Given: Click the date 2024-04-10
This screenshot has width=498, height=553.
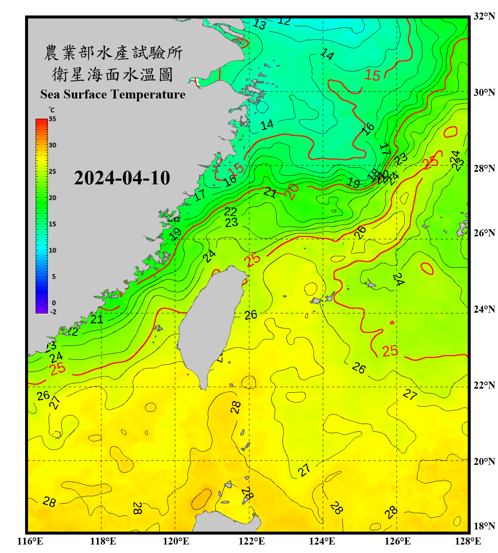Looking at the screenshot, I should pyautogui.click(x=122, y=178).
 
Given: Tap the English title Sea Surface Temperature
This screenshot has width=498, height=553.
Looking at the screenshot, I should pyautogui.click(x=113, y=94).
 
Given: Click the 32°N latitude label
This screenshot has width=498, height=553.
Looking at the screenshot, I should pyautogui.click(x=484, y=16).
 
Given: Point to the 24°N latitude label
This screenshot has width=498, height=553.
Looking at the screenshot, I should pyautogui.click(x=484, y=309).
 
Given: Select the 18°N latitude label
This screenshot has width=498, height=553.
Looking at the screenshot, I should pyautogui.click(x=484, y=526).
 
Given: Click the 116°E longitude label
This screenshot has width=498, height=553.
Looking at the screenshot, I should pyautogui.click(x=30, y=541).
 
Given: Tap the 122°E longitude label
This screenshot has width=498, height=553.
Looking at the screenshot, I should pyautogui.click(x=252, y=541).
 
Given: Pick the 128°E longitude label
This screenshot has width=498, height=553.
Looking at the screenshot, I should pyautogui.click(x=468, y=541).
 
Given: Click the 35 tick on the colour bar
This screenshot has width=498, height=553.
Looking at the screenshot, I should pyautogui.click(x=52, y=119).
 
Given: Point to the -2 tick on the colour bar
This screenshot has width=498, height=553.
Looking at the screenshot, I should pyautogui.click(x=53, y=312).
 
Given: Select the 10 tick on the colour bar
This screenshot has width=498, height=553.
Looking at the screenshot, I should pyautogui.click(x=52, y=250).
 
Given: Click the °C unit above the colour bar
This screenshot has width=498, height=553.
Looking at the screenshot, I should pyautogui.click(x=52, y=110).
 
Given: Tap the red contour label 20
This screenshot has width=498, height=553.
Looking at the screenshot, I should pyautogui.click(x=292, y=191).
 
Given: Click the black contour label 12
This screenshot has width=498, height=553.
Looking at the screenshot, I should pyautogui.click(x=284, y=21).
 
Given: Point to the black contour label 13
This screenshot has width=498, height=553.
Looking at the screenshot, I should pyautogui.click(x=259, y=25).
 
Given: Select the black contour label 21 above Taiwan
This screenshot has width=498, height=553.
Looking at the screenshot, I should pyautogui.click(x=270, y=192).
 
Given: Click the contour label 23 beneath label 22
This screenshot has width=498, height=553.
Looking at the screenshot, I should pyautogui.click(x=231, y=222).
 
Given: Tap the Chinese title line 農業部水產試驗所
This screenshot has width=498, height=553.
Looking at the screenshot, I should pyautogui.click(x=113, y=53).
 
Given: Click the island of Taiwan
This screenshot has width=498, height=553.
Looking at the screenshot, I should pyautogui.click(x=210, y=324).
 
